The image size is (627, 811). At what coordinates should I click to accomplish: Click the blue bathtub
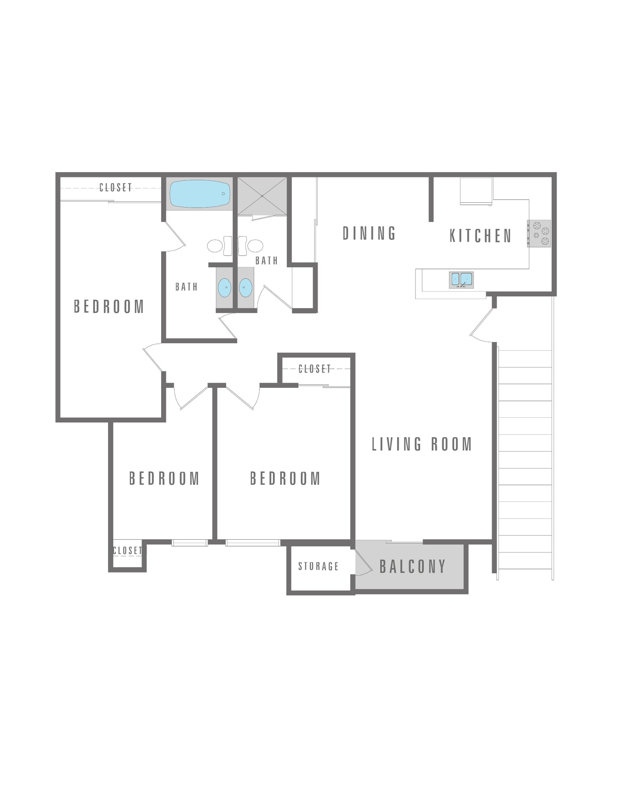click(200, 194)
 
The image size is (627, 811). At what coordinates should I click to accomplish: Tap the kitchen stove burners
click(539, 234)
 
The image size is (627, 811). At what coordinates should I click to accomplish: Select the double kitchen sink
click(461, 279)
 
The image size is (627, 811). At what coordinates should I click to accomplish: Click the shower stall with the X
click(262, 196)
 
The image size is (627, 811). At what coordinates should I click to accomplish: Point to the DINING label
click(369, 234)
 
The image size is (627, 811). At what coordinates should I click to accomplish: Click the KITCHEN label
click(480, 236)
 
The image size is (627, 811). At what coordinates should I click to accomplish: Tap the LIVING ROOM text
click(422, 444)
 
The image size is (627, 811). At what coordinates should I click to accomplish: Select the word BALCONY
click(413, 567)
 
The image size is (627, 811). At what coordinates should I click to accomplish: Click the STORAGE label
click(318, 566)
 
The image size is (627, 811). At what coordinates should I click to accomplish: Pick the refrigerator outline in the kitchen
click(476, 191)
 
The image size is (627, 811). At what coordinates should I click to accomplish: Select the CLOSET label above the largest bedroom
click(115, 187)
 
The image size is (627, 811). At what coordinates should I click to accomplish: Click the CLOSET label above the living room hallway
click(314, 369)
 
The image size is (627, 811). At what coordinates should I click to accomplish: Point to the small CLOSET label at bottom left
click(127, 550)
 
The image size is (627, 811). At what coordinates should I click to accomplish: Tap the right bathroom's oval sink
click(246, 287)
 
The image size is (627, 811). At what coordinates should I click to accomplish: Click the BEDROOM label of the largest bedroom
click(109, 307)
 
